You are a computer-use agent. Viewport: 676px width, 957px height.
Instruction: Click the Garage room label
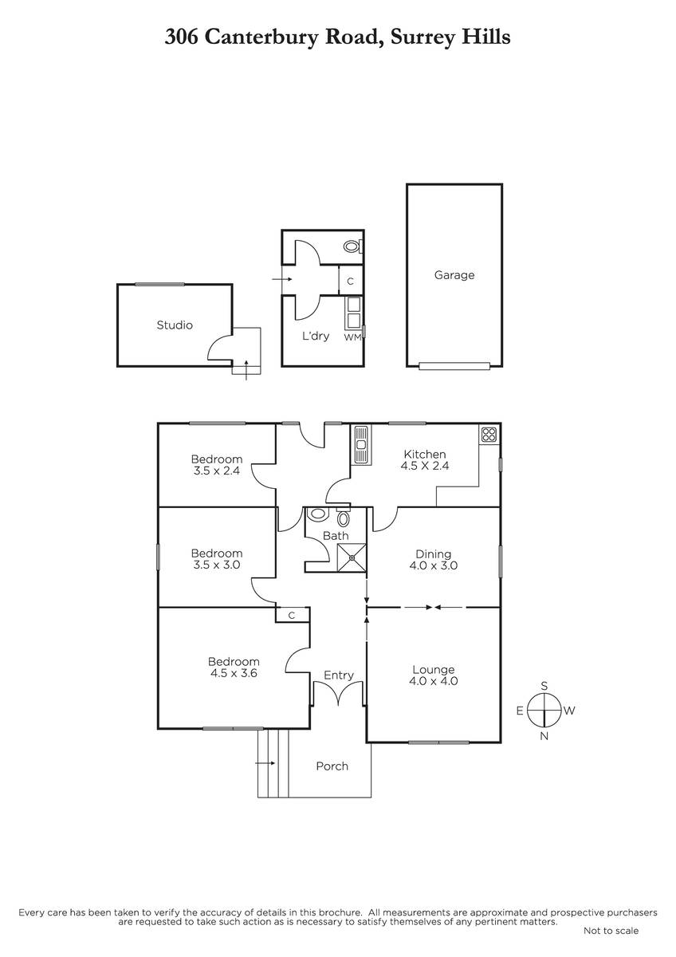(454, 275)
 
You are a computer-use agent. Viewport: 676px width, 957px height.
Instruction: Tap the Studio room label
(175, 325)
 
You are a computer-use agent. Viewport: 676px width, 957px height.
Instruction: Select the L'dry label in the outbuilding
(316, 336)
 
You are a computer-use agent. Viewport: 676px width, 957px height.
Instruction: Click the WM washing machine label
(352, 337)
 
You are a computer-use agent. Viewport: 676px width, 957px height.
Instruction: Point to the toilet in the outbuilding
(352, 246)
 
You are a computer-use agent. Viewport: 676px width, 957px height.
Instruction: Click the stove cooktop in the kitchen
(489, 435)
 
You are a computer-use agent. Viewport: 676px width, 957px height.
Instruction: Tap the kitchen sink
(361, 445)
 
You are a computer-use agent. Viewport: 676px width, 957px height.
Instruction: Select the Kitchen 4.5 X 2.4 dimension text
(424, 466)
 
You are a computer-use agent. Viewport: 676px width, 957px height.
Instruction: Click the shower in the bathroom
(352, 557)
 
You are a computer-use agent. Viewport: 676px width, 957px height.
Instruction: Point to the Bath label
(336, 536)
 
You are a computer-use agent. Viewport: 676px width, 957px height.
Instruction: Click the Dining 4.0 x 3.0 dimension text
(433, 565)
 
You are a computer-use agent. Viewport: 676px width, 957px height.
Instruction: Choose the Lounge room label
(433, 669)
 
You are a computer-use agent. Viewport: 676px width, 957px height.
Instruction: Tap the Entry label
(339, 675)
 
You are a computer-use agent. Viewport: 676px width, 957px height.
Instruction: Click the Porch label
(332, 766)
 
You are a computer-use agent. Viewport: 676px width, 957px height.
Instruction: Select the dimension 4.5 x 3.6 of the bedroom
(234, 673)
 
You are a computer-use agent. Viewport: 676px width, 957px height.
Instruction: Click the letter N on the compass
(544, 735)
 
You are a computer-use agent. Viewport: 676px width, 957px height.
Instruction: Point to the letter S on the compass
(544, 686)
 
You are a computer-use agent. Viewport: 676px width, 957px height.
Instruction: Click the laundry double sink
(353, 313)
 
